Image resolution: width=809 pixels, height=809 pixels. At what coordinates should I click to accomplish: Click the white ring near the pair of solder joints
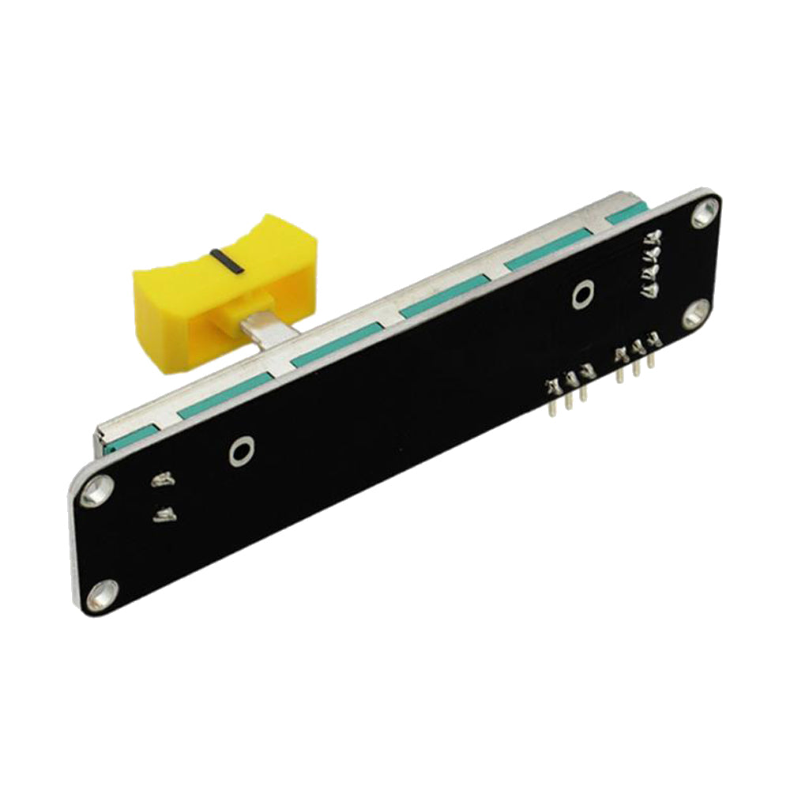click(x=241, y=451)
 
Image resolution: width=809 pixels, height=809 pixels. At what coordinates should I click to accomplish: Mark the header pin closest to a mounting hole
click(x=652, y=352)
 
